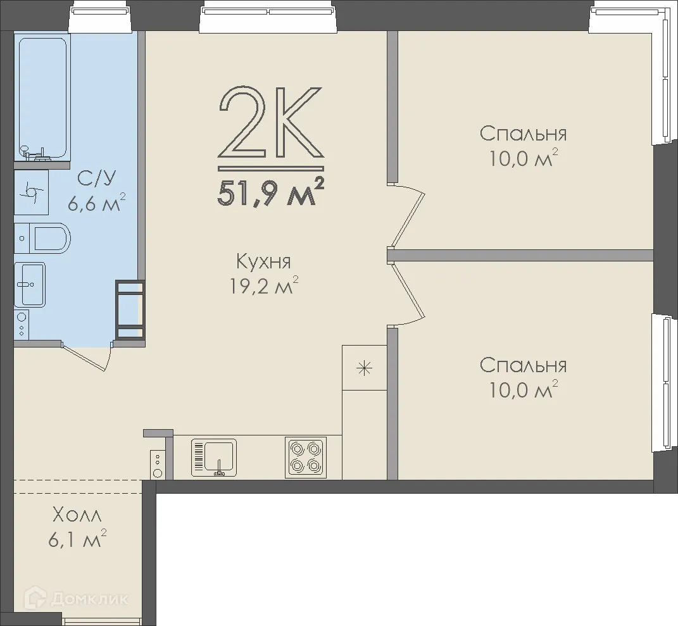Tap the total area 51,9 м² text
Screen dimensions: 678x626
click(271, 194)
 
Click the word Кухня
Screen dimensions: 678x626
click(263, 261)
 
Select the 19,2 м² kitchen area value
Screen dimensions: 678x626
click(263, 285)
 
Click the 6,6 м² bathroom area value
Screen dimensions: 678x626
click(96, 203)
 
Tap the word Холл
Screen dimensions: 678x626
click(77, 515)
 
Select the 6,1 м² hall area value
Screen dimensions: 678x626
click(77, 539)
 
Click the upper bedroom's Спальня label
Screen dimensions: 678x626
click(523, 134)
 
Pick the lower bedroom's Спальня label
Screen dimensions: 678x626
click(523, 365)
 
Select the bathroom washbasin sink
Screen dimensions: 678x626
click(29, 284)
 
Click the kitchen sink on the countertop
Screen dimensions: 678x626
click(214, 458)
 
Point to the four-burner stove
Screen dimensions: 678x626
click(305, 458)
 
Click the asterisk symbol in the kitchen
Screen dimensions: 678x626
click(364, 368)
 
